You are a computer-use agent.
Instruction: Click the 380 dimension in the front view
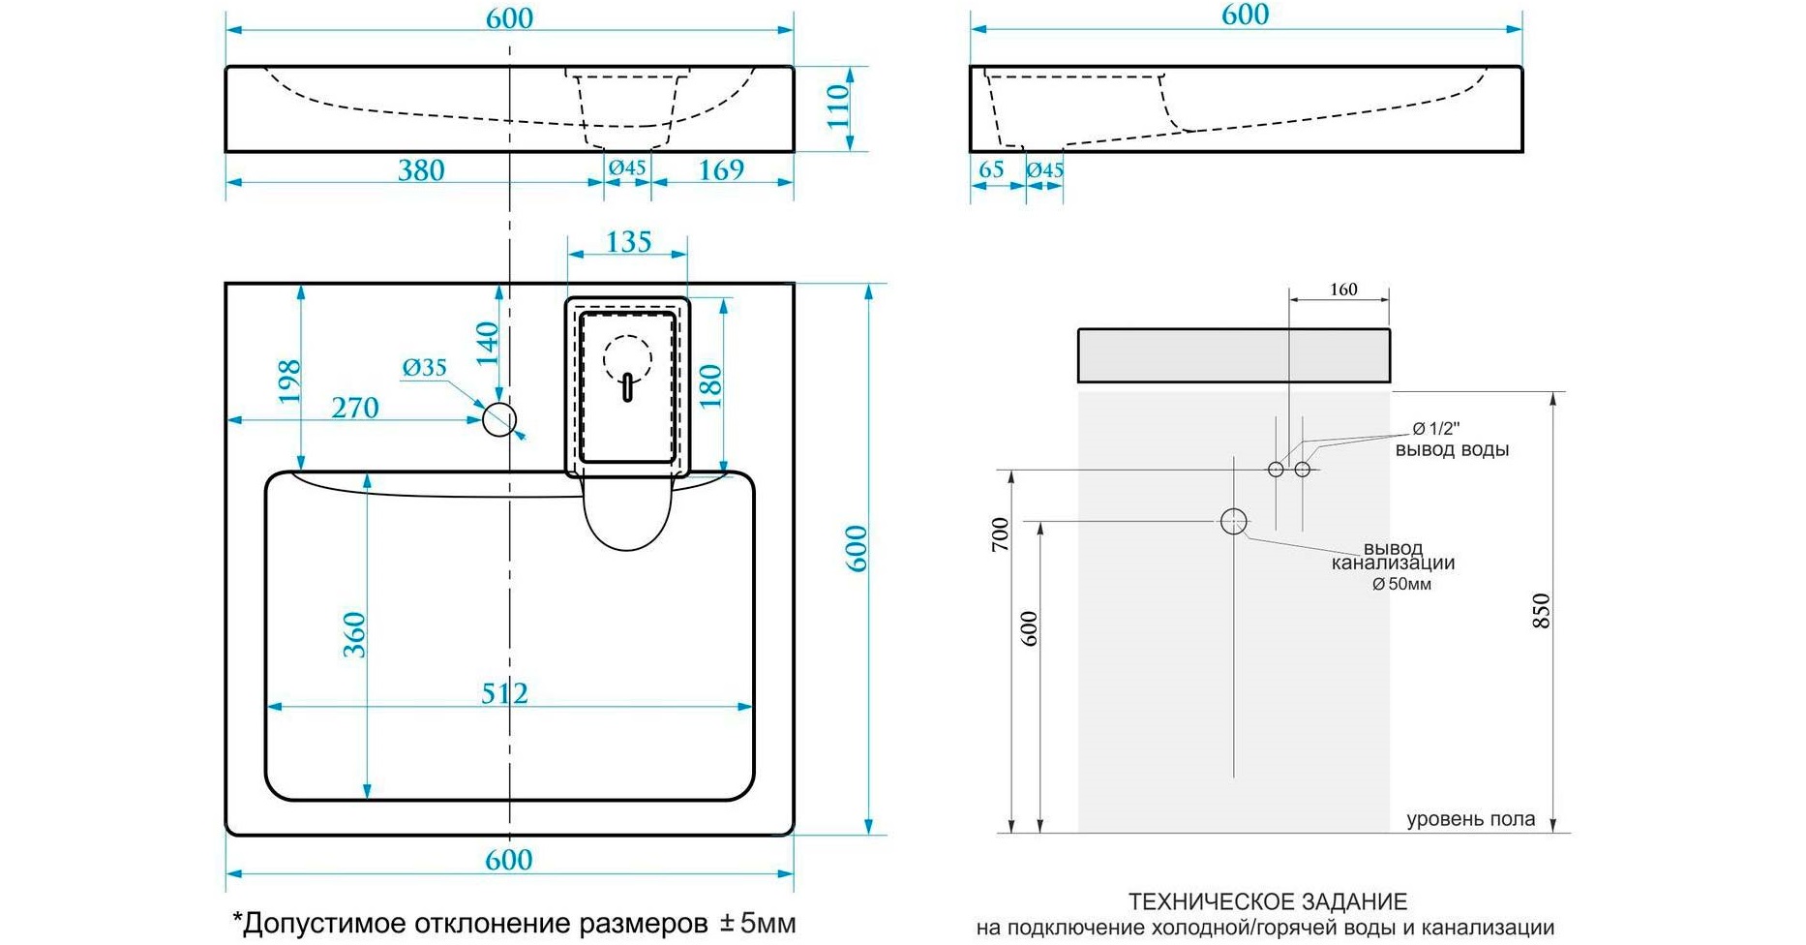pos(421,170)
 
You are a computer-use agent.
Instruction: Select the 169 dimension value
pos(721,170)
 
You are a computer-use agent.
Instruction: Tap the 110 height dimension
pos(838,107)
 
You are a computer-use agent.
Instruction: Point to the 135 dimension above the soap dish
pos(628,242)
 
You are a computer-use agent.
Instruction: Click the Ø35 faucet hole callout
pos(425,368)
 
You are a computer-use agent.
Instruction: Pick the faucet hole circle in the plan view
pos(499,419)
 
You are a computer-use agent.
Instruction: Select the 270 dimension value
pos(355,408)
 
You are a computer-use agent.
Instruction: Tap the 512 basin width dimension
pos(504,693)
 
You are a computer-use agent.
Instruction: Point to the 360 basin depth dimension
pos(354,634)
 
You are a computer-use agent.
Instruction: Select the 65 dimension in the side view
pos(991,170)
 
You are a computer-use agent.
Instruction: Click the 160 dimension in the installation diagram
pos(1343,290)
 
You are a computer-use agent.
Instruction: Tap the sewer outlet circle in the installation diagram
pos(1233,522)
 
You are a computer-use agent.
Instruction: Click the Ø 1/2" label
pos(1435,429)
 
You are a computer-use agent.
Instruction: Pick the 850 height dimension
pos(1542,611)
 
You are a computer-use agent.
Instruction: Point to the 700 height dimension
pos(1001,534)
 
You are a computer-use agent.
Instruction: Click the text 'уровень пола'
pos(1470,819)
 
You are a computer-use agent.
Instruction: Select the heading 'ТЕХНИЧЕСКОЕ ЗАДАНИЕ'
pos(1267,902)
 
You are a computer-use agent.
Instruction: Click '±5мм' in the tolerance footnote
pos(758,923)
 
